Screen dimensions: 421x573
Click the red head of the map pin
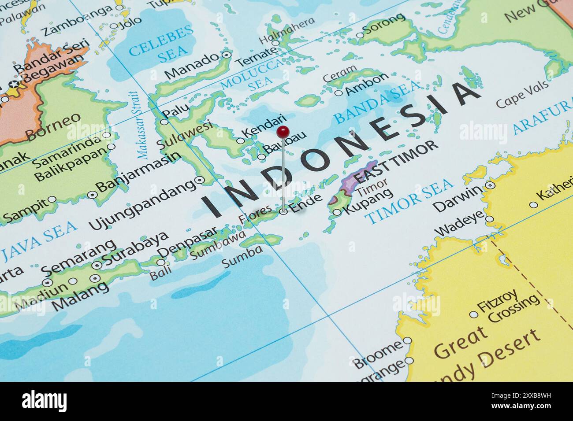click(283, 130)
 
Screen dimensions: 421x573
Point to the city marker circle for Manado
click(226, 55)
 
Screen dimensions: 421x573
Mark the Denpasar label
click(188, 242)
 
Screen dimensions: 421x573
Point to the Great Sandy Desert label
click(485, 352)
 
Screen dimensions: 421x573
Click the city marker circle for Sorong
click(360, 35)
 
